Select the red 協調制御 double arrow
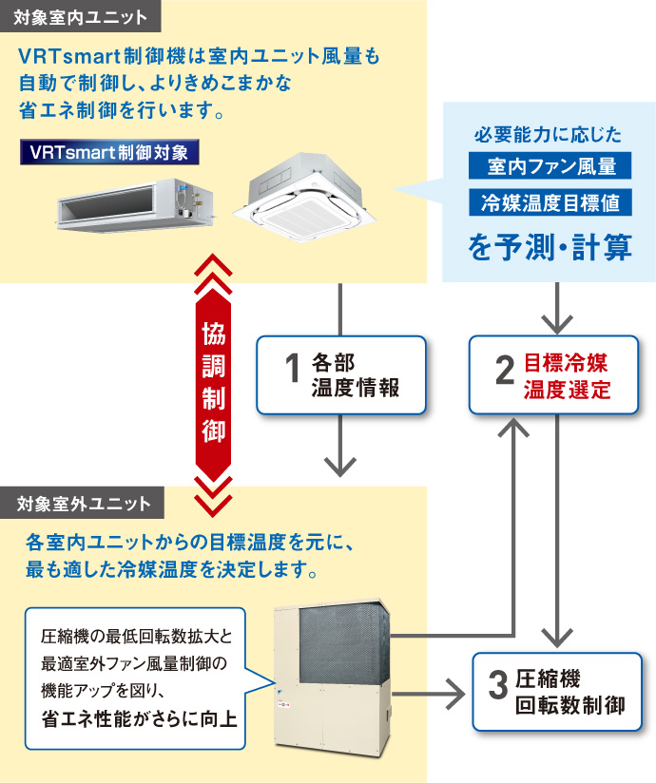(214, 380)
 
